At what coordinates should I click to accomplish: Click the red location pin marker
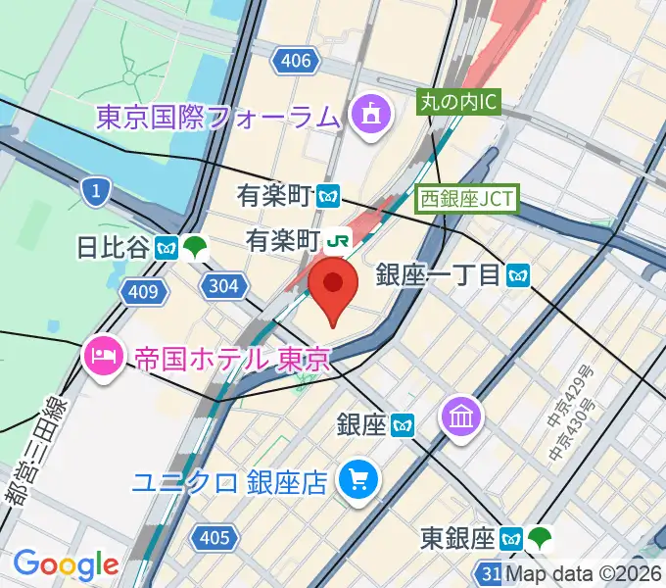click(333, 287)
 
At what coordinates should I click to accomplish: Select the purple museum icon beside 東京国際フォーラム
click(368, 118)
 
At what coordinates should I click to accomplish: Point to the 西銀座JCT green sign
click(466, 198)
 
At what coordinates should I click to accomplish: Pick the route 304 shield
click(222, 285)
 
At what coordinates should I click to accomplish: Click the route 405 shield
click(213, 537)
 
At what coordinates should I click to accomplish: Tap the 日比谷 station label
click(113, 247)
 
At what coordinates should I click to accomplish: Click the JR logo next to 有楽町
click(339, 238)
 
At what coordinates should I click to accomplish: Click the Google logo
click(66, 564)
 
